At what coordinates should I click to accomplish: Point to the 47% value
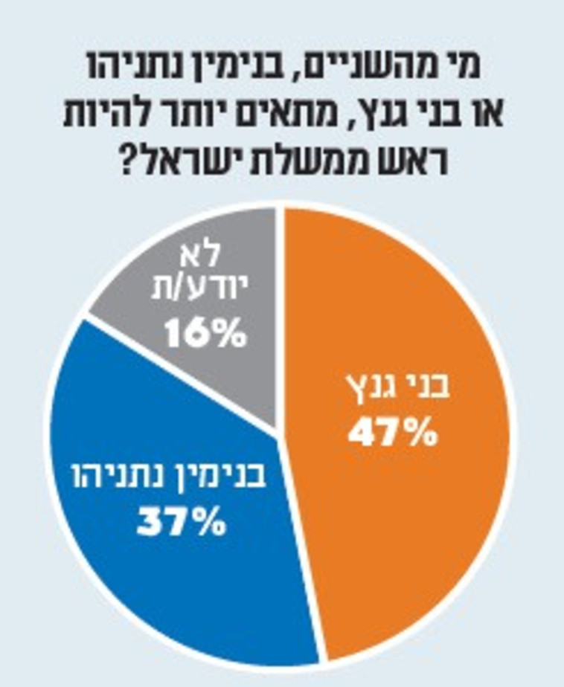pos(392,433)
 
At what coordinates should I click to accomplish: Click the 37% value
pos(181,523)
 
